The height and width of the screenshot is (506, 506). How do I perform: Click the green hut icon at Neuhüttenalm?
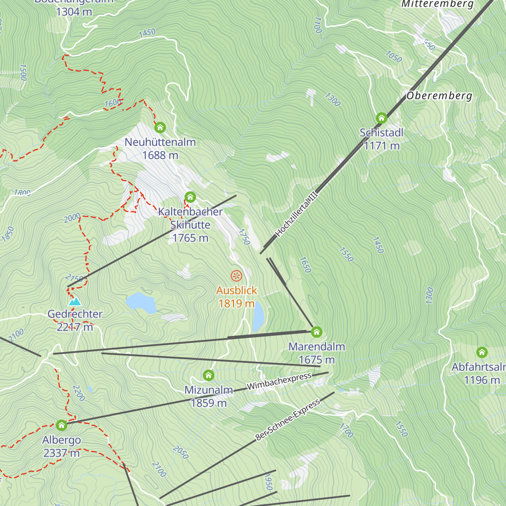tap(160, 127)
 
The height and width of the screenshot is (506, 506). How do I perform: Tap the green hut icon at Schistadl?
tap(381, 118)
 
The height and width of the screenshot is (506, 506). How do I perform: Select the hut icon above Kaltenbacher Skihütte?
tap(190, 196)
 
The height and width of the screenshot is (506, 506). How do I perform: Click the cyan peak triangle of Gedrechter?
tap(75, 301)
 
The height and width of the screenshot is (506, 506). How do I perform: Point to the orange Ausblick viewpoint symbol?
tap(237, 276)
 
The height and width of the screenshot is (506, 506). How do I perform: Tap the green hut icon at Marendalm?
tap(316, 332)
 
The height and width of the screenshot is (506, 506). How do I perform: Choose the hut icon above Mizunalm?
tap(208, 375)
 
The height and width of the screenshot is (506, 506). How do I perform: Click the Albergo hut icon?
tap(62, 425)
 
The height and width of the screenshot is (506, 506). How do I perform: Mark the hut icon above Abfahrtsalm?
tap(482, 352)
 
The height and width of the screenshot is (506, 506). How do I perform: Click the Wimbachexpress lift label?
tap(279, 381)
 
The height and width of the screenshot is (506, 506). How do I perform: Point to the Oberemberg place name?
tap(439, 96)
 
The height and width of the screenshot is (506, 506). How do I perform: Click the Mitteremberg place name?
tap(437, 4)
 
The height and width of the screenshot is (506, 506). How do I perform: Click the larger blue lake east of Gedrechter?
tap(141, 302)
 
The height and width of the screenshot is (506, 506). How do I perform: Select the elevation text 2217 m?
tap(75, 327)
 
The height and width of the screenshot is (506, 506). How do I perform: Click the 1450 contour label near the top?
tap(147, 32)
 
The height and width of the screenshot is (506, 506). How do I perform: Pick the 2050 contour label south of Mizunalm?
tap(180, 452)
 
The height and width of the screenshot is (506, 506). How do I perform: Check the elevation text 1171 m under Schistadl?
tap(382, 146)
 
